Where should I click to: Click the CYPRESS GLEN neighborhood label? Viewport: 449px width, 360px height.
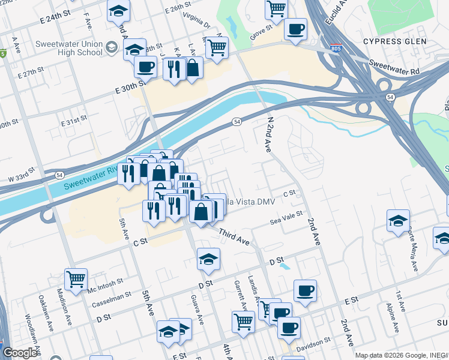click(x=394, y=41)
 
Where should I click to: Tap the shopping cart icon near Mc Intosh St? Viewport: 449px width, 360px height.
click(x=76, y=278)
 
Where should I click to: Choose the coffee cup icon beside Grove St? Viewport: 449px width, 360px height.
click(x=295, y=28)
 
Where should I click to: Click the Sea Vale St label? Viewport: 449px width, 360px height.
click(x=285, y=221)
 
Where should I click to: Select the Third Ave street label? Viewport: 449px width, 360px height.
click(x=234, y=235)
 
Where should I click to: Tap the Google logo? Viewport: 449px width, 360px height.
click(x=20, y=353)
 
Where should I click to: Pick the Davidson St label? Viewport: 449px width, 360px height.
click(x=315, y=341)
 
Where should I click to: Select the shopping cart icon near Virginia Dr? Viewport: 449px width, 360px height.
click(x=217, y=46)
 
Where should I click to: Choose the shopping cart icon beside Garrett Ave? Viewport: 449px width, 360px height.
click(x=243, y=321)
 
